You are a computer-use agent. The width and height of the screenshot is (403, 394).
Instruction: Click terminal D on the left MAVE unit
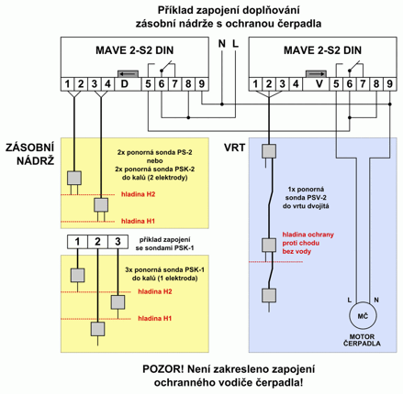125,83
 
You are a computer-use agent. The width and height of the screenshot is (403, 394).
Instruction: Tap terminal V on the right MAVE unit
319,83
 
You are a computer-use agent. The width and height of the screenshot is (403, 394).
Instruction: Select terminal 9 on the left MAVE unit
202,83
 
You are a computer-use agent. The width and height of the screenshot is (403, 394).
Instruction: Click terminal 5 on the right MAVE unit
336,83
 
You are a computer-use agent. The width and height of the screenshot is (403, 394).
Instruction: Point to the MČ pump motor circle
363,316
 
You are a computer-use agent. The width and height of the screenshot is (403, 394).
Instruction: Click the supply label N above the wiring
222,44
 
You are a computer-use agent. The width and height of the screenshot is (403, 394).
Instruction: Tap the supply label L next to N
235,44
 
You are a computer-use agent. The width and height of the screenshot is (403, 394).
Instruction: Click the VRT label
234,148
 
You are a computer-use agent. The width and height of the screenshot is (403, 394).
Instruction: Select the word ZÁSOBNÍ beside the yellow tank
29,148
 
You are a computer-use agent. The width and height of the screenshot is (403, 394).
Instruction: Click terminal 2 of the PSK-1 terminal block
97,242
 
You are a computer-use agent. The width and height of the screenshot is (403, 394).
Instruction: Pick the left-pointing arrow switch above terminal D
128,74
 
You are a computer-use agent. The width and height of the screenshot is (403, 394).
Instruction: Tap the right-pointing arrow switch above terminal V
316,74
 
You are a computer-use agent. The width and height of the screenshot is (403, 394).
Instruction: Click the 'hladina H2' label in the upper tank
138,194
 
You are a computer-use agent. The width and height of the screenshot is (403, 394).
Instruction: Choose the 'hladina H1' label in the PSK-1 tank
154,318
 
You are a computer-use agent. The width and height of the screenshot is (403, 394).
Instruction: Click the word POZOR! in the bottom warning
163,369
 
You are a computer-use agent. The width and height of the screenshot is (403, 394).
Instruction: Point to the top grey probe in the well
269,151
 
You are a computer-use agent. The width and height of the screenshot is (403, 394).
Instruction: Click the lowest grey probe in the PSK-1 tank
97,329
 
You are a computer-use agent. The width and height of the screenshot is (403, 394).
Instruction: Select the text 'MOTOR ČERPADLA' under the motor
362,340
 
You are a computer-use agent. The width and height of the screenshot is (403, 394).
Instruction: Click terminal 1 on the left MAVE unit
67,83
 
